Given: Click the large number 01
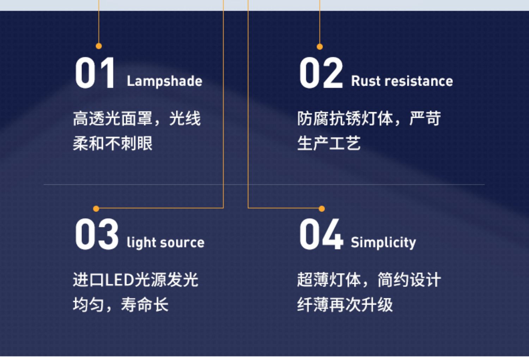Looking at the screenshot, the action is tap(95, 73).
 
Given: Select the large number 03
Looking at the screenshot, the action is tap(97, 234).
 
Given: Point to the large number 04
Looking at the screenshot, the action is tap(321, 234).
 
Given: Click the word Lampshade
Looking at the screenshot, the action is tap(165, 81).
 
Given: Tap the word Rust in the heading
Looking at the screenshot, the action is tap(366, 81).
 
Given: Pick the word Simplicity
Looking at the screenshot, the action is tap(383, 243).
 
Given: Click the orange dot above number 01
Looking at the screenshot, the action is tap(99, 46).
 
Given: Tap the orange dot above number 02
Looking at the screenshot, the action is tap(320, 47).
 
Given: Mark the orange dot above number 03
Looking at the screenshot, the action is tap(96, 209).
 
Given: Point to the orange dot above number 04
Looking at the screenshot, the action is tap(322, 209).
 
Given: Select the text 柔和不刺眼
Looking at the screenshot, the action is tap(113, 143).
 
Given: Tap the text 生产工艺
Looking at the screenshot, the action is tap(329, 143).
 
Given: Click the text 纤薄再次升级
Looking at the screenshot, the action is tap(345, 305).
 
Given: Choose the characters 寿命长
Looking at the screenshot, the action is tap(145, 305).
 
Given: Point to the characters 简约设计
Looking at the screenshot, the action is tap(409, 280).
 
